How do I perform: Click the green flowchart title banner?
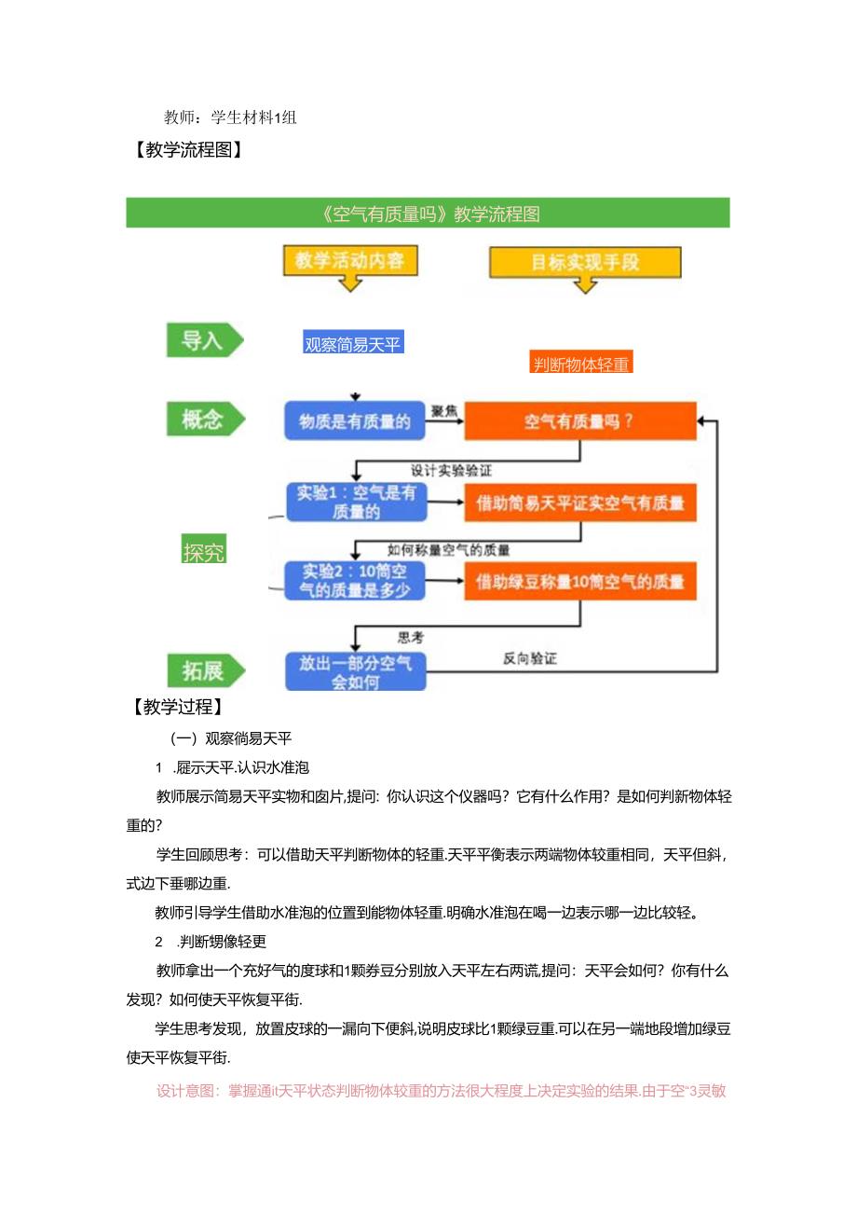(428, 214)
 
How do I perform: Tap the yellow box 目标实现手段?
(585, 262)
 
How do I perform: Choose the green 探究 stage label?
(204, 552)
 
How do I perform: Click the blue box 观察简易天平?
(353, 344)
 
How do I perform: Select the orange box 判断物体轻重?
(581, 365)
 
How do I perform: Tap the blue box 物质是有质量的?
(355, 421)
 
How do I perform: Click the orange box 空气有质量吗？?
(579, 421)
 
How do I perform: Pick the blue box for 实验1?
(355, 502)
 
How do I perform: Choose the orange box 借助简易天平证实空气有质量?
(579, 503)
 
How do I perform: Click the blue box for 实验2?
(355, 581)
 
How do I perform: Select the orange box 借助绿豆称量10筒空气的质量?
(579, 582)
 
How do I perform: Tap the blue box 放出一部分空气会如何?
(355, 671)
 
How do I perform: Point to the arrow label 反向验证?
(530, 658)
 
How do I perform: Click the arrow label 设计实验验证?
(451, 471)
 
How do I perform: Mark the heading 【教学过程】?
(177, 708)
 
